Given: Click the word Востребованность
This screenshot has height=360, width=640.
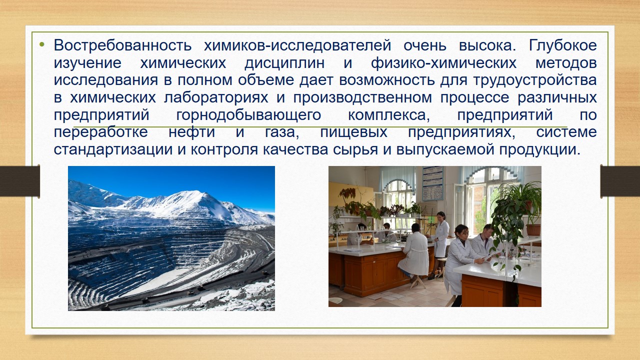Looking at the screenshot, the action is coord(122,45).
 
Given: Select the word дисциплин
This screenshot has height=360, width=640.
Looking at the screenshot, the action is coord(284,63).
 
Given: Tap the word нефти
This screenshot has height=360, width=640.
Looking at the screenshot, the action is coord(191,132).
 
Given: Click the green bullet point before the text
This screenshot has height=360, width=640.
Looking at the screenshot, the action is coord(42,44).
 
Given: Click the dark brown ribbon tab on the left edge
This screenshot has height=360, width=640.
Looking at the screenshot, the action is coord(20,181).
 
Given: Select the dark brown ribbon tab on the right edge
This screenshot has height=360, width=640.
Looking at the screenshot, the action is coord(620,181).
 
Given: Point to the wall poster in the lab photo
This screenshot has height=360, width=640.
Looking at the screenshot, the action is coord(432,183).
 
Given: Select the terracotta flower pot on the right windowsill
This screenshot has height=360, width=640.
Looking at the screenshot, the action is coord(533,230).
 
